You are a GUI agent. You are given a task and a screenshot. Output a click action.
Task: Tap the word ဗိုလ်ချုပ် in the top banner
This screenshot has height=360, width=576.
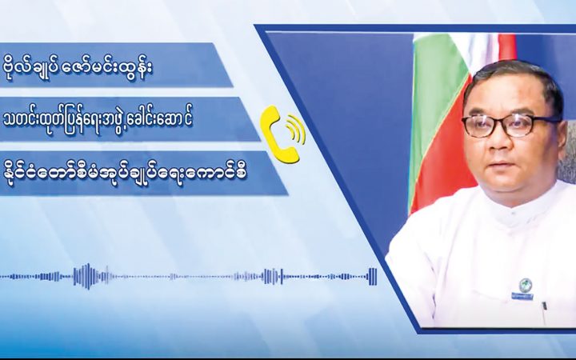[30, 68]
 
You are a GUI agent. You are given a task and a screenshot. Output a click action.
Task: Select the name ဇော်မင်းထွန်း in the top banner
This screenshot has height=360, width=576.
[108, 67]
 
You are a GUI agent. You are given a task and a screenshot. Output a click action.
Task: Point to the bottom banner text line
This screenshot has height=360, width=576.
[125, 172]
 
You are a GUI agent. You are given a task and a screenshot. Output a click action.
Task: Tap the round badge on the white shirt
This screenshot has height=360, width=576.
[526, 284]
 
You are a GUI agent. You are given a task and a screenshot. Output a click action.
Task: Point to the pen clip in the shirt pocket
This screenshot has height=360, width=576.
[545, 306]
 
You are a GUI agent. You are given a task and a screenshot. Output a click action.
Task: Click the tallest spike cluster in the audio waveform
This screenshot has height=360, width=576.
[87, 276]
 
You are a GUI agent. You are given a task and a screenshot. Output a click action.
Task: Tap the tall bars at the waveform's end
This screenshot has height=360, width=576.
[373, 277]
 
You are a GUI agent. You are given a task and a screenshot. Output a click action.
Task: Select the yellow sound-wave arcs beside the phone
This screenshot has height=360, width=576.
[296, 130]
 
